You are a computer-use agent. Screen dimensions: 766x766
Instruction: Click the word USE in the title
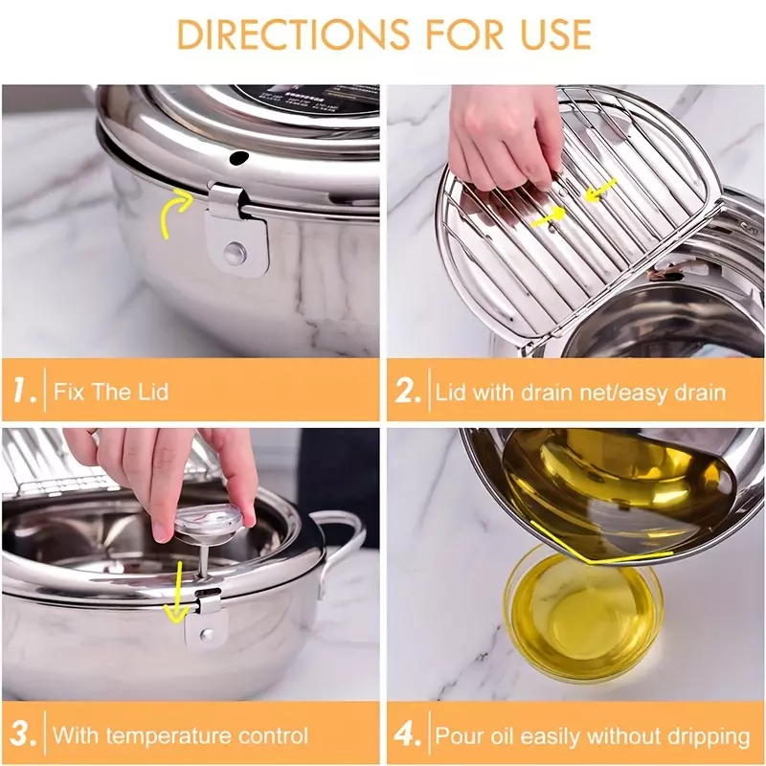click(x=556, y=34)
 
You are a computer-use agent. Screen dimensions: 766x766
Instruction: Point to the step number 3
click(x=23, y=734)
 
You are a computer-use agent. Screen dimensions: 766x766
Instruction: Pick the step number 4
click(x=408, y=734)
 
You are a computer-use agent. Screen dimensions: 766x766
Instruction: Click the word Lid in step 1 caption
click(x=153, y=392)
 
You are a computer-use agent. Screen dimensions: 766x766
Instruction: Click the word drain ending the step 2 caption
click(x=701, y=393)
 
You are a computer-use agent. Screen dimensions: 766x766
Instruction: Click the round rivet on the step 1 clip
click(x=235, y=252)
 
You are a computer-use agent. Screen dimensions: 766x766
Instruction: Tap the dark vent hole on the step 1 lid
click(x=239, y=157)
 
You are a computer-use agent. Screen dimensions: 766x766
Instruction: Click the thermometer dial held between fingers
click(x=209, y=522)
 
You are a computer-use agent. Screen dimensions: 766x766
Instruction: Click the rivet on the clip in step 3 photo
click(x=207, y=634)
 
